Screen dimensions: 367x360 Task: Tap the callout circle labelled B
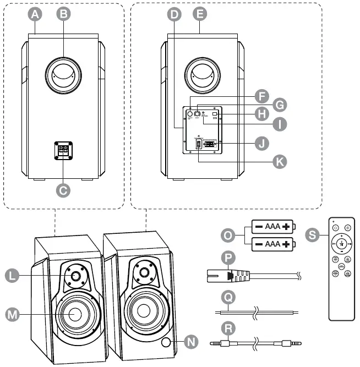coord(64,15)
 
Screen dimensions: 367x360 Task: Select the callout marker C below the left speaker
coord(64,190)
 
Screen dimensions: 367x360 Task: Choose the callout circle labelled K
coord(281,161)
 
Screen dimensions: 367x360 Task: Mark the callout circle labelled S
coord(312,235)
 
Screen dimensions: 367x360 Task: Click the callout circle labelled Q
coord(227,296)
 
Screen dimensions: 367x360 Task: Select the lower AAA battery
coord(274,243)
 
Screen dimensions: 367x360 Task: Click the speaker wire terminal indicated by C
coord(63,150)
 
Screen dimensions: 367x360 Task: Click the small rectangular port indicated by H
coord(215,114)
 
